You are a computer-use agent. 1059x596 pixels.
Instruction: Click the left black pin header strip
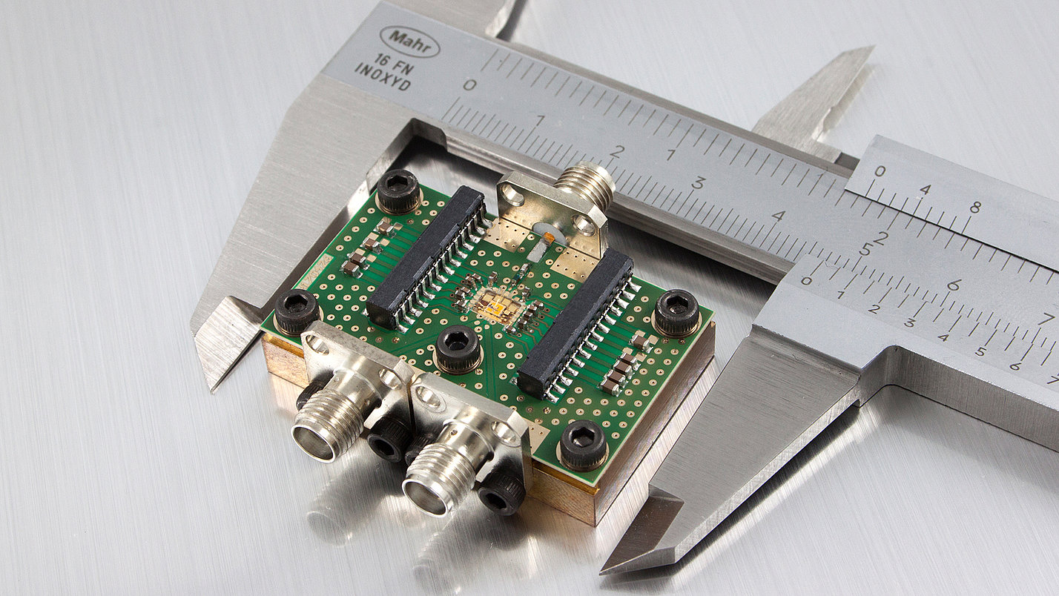(x=427, y=256)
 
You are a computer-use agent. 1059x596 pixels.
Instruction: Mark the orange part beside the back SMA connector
(x=550, y=236)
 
